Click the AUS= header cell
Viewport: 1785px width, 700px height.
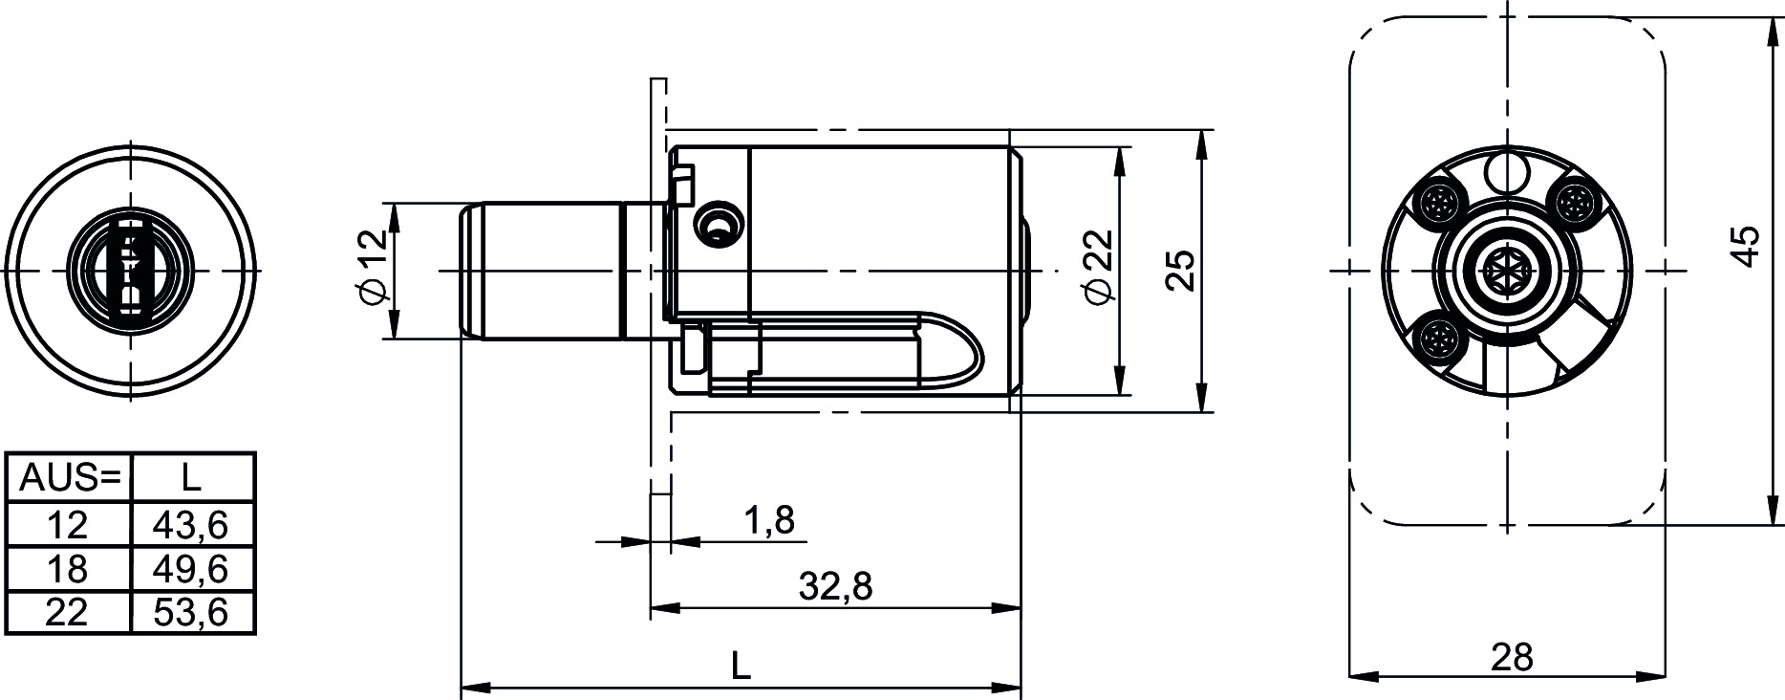tap(68, 476)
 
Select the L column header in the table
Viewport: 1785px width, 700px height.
tap(193, 476)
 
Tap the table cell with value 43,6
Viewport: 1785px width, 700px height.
tap(193, 524)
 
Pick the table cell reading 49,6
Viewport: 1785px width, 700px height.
tap(193, 569)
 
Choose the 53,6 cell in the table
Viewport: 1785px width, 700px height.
tap(193, 612)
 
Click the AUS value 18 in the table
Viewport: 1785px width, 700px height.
tap(68, 569)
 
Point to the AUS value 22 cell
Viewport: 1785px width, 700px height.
tap(68, 612)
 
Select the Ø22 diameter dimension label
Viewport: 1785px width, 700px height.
tap(1100, 267)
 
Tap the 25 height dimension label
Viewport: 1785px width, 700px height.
tap(1180, 271)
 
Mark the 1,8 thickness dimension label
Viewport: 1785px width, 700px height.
tap(768, 520)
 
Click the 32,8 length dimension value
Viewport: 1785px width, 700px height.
tap(835, 584)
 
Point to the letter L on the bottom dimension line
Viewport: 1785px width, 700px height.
tap(741, 665)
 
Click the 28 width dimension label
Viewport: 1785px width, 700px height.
tap(1512, 657)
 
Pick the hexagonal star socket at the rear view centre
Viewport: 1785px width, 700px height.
tap(1506, 270)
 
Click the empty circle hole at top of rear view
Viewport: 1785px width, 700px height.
tap(1507, 173)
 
